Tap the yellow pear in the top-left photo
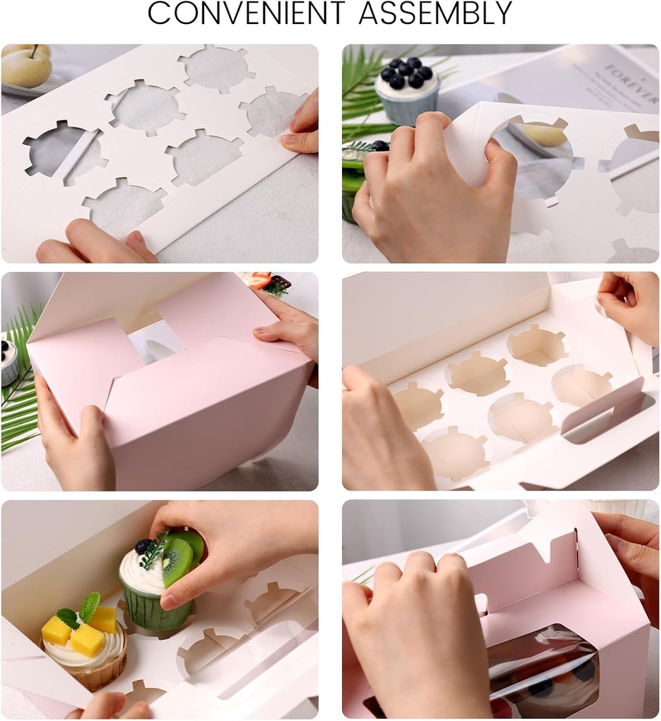point(26,67)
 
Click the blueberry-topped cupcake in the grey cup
point(407,92)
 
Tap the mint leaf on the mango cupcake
point(89,606)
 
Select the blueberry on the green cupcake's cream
point(144,546)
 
